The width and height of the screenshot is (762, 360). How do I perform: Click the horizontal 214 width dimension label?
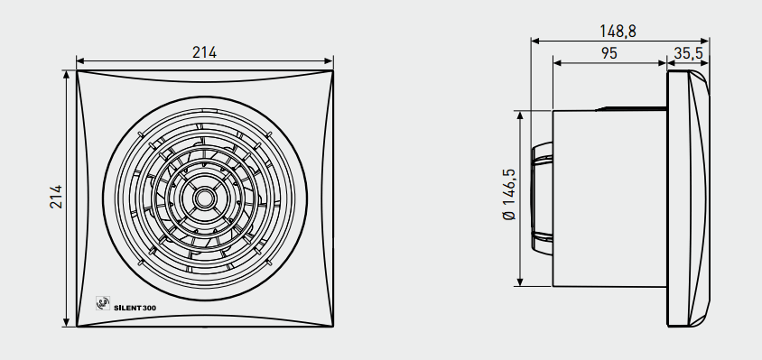coord(204,52)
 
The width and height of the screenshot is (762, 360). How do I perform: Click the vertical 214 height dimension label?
coord(56,197)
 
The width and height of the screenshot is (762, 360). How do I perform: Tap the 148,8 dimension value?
coord(618,31)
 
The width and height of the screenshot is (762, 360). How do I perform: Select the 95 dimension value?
coord(609,53)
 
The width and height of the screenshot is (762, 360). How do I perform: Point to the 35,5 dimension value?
coord(688,53)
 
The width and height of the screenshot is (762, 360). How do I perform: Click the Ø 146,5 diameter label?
coord(509,194)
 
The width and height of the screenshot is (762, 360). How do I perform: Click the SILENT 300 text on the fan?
coord(135,307)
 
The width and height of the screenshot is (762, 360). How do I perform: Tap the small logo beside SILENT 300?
coord(103,303)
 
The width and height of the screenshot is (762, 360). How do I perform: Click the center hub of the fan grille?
coord(205,198)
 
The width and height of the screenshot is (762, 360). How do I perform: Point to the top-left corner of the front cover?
coord(77,70)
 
